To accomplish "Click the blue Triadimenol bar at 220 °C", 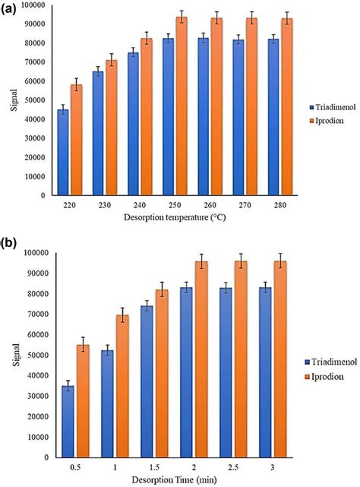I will click(x=63, y=153).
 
